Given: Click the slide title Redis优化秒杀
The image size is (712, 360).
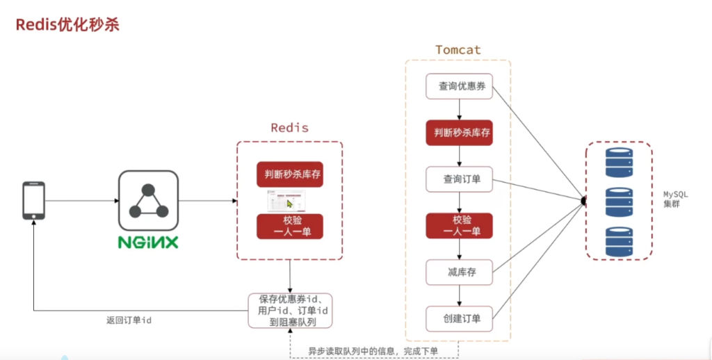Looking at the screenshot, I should point(67,24).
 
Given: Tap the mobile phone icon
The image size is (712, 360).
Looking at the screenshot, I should point(33,201).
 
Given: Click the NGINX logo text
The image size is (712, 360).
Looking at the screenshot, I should point(147,243).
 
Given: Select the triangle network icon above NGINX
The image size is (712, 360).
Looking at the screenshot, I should point(147,201).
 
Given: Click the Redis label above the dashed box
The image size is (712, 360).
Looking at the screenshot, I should point(289,128).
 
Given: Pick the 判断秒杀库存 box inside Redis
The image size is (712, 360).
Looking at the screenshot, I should point(290,174).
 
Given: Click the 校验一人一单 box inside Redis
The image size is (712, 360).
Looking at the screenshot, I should point(290,226).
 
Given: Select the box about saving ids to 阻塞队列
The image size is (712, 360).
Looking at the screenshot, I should point(290,311).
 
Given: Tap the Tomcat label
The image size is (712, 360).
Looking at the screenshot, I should point(458,49).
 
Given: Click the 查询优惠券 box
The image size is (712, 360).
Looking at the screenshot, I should point(459,86).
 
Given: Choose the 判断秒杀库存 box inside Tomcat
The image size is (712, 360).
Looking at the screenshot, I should point(459,132).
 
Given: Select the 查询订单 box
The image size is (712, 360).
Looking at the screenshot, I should point(459,179).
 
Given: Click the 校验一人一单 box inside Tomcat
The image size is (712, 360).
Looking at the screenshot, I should point(459,226).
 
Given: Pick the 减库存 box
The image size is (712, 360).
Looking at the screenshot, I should point(459,272).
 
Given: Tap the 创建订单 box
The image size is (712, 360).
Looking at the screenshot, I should point(459,319).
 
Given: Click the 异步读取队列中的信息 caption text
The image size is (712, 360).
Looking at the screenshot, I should point(373,351).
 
